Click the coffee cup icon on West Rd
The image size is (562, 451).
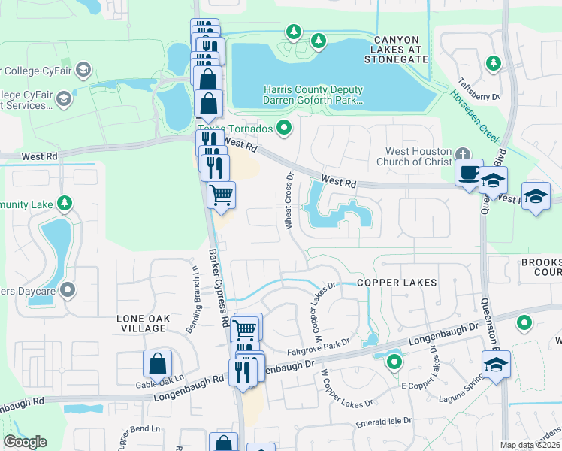coord(469,172)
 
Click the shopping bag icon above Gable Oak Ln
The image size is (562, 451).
coord(158,364)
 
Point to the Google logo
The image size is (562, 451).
coord(24,442)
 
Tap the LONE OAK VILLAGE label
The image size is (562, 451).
coord(141,323)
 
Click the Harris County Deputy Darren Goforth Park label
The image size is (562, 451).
coord(313,94)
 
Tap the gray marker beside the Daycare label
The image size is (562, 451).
coord(68,289)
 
